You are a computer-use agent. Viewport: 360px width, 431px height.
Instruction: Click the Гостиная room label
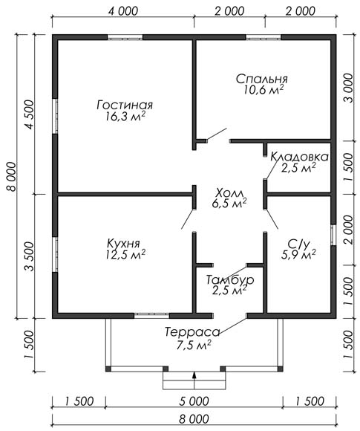[x=125, y=106]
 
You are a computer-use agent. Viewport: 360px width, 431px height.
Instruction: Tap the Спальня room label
[x=262, y=79]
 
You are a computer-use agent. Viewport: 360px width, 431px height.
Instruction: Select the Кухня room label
[x=123, y=244]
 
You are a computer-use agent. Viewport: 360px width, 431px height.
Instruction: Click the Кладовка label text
[x=299, y=157]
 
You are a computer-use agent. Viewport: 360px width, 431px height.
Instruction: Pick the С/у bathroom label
[x=298, y=244]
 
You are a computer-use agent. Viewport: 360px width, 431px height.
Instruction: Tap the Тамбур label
[x=230, y=280]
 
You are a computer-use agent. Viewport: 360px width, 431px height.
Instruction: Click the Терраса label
[x=192, y=332]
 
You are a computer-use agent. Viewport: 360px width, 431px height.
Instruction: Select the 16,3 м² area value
[x=125, y=117]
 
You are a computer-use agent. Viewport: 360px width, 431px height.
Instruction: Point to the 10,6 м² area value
[x=264, y=90]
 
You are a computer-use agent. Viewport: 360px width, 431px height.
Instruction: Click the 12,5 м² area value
[x=125, y=255]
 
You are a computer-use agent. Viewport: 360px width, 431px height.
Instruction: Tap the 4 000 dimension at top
[x=123, y=12]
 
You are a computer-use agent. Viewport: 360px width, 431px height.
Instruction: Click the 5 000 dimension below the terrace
[x=194, y=401]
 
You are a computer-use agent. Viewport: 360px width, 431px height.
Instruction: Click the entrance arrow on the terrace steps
[x=194, y=380]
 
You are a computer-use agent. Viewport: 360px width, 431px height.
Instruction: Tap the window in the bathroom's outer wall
[x=333, y=235]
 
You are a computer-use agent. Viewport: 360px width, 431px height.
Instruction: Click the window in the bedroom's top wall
[x=264, y=37]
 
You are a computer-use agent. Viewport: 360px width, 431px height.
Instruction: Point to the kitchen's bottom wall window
[x=151, y=316]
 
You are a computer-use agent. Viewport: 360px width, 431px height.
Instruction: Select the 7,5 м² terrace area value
[x=194, y=345]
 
